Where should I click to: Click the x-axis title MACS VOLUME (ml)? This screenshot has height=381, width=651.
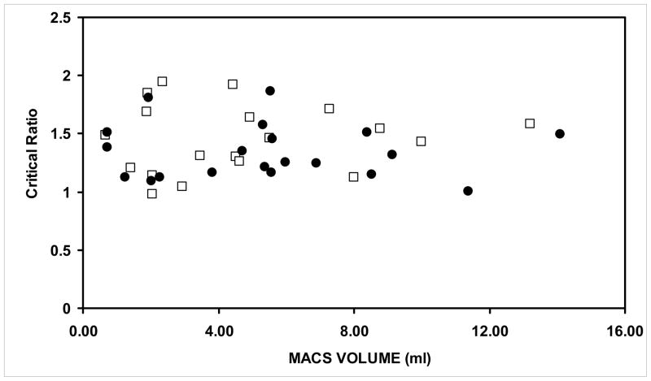point(353,357)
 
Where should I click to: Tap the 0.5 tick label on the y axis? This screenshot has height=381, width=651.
point(63,250)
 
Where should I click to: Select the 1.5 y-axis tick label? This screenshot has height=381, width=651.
point(63,134)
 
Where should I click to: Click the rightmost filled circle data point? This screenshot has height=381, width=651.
point(560,134)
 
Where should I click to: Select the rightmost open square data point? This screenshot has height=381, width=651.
point(530,123)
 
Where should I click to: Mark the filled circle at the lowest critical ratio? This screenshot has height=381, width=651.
point(468,191)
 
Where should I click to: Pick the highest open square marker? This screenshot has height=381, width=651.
point(162,81)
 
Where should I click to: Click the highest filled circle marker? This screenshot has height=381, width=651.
point(270,91)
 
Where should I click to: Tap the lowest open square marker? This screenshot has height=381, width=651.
point(152,193)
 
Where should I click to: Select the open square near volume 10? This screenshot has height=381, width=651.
point(421,141)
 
